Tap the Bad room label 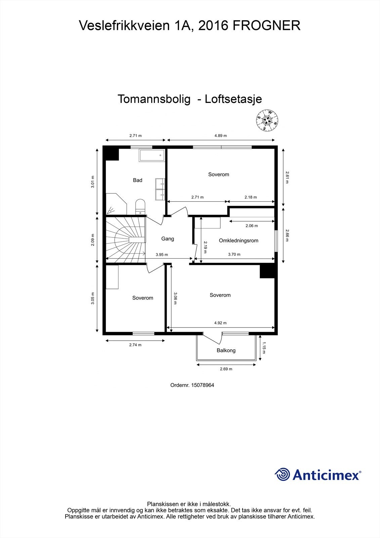[137, 180]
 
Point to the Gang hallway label [167, 239]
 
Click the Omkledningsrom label [238, 240]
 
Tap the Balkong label [226, 350]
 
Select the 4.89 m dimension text [221, 136]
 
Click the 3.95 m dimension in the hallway [162, 255]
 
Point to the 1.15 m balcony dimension [264, 348]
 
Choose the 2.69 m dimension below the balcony [226, 369]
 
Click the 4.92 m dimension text [220, 323]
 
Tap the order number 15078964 [202, 385]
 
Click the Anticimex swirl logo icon [282, 474]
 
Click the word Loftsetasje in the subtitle [233, 99]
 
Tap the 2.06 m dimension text [252, 226]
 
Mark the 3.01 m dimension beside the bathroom [93, 182]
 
